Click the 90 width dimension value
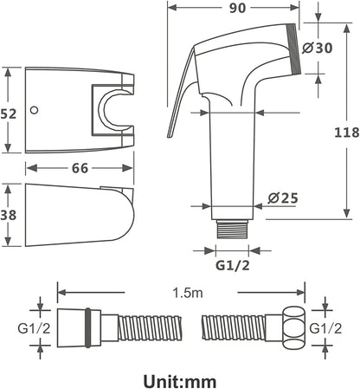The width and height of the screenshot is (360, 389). [237, 8]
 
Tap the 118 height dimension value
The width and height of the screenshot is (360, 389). [347, 133]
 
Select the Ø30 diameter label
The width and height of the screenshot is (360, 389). [318, 48]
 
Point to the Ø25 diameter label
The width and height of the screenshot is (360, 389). [283, 198]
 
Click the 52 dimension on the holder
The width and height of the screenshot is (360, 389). [9, 114]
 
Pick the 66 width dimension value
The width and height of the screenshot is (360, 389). [80, 168]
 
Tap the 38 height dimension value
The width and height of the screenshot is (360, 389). [9, 215]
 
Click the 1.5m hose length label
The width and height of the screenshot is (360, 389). [188, 293]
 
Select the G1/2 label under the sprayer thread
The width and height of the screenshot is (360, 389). [233, 265]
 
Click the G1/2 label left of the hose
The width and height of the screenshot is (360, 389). [34, 328]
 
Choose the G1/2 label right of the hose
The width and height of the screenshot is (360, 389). [325, 328]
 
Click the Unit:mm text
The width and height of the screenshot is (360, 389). [180, 381]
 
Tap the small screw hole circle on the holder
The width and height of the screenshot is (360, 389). [35, 110]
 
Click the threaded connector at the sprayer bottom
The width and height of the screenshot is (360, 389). [232, 229]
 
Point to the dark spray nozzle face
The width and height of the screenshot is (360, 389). [293, 49]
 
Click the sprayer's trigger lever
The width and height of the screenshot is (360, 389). [181, 93]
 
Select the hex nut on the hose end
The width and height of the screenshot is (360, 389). [294, 328]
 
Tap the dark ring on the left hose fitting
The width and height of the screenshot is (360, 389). [88, 327]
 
